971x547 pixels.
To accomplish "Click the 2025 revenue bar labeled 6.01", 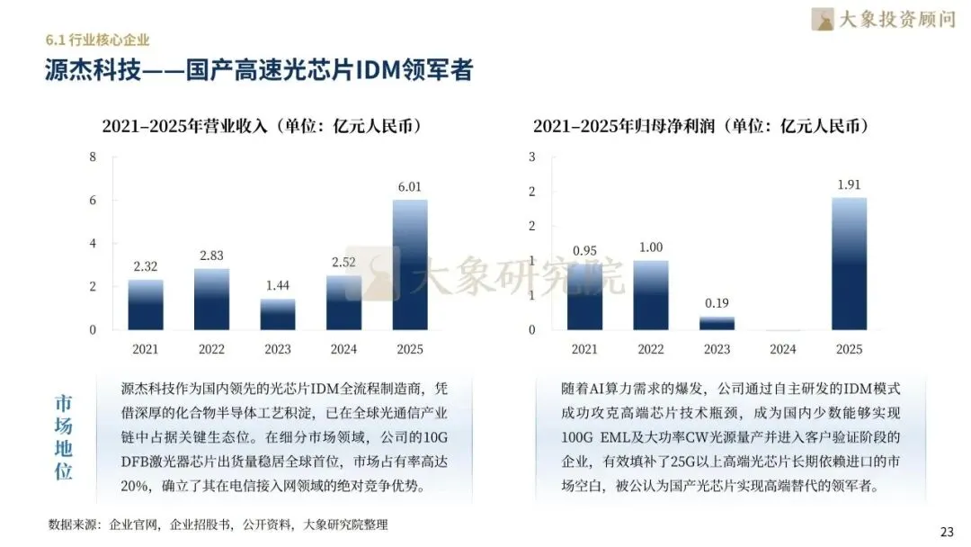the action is tap(410, 265).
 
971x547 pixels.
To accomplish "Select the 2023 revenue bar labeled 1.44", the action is tap(278, 314).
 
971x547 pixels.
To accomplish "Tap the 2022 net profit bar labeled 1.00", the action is tap(651, 295).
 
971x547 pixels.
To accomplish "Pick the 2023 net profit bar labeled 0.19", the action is tap(717, 323).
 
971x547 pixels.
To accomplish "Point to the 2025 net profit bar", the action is tap(849, 264).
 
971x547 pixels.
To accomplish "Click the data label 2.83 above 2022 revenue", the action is tap(211, 256).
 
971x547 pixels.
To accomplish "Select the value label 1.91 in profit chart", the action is tap(849, 184).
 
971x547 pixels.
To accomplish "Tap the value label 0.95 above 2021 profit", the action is tap(584, 251).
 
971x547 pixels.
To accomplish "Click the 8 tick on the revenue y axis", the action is tap(93, 157).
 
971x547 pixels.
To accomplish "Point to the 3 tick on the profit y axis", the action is tap(532, 157).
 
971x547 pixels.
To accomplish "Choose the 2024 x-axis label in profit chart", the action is tap(783, 349).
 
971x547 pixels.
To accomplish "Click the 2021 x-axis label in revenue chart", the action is tap(146, 349).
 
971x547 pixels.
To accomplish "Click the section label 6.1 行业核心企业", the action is tap(97, 40).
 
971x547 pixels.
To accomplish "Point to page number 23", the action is tap(947, 532).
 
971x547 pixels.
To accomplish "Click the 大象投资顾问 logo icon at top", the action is tap(823, 19).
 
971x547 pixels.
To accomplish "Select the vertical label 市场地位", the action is tap(63, 437).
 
